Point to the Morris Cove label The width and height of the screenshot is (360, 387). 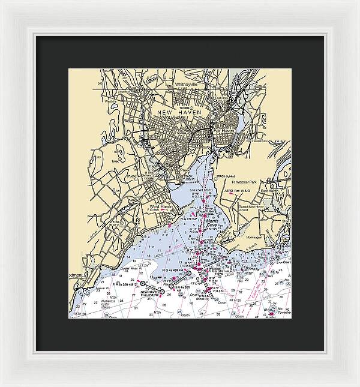point(213,224)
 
